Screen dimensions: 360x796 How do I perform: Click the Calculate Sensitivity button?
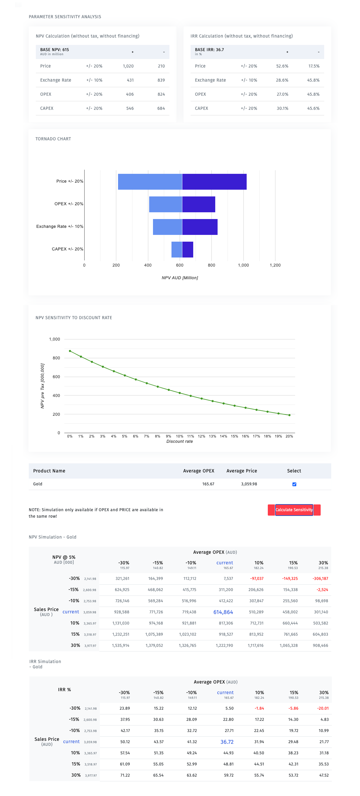pyautogui.click(x=294, y=510)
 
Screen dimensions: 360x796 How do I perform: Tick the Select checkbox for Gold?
pyautogui.click(x=294, y=484)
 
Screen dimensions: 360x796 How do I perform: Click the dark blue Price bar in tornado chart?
pyautogui.click(x=214, y=182)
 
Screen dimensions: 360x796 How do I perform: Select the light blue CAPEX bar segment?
pyautogui.click(x=177, y=249)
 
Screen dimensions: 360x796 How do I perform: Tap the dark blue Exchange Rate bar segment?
pyautogui.click(x=200, y=227)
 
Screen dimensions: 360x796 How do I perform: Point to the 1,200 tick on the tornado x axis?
pyautogui.click(x=275, y=265)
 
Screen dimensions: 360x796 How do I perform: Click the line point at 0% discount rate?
pyautogui.click(x=70, y=351)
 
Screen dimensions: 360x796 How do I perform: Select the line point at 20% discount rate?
pyautogui.click(x=289, y=415)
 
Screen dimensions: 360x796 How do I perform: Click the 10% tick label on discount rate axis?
pyautogui.click(x=179, y=436)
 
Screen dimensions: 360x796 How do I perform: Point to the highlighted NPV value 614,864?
pyautogui.click(x=223, y=612)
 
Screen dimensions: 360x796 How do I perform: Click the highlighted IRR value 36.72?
pyautogui.click(x=227, y=742)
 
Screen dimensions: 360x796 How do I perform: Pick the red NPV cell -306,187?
pyautogui.click(x=320, y=578)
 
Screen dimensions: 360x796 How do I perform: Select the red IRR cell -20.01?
pyautogui.click(x=323, y=708)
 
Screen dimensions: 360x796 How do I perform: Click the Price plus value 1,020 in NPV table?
pyautogui.click(x=128, y=66)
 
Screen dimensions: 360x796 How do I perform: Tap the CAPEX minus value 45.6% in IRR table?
pyautogui.click(x=313, y=108)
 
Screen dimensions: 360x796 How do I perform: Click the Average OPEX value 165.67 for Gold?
pyautogui.click(x=208, y=484)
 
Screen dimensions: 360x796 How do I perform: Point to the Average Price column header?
pyautogui.click(x=242, y=471)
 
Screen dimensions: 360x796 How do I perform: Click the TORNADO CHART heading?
pyautogui.click(x=53, y=139)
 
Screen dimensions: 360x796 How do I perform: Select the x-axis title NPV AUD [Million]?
pyautogui.click(x=180, y=278)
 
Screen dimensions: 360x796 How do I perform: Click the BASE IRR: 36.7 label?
pyautogui.click(x=209, y=49)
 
